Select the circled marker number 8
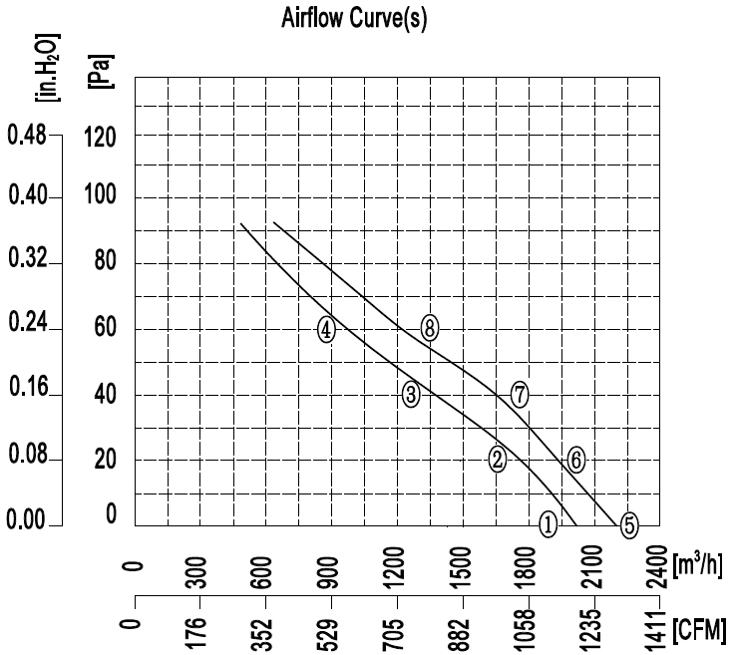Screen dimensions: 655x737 click(x=430, y=327)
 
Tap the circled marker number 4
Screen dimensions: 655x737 click(x=326, y=331)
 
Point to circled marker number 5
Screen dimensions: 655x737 click(x=628, y=524)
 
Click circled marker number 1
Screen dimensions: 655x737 click(x=548, y=522)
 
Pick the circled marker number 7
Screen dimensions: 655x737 click(x=520, y=394)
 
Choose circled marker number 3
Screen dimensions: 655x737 click(x=411, y=394)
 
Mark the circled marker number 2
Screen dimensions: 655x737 click(x=498, y=459)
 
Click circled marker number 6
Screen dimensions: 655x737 click(x=575, y=459)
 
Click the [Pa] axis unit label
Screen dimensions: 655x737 click(x=100, y=69)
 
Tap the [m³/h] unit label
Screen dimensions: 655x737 click(x=698, y=564)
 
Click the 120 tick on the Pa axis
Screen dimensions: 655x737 click(x=104, y=137)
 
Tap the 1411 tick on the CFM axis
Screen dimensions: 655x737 click(x=659, y=630)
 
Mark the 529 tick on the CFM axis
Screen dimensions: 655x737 click(x=332, y=630)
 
